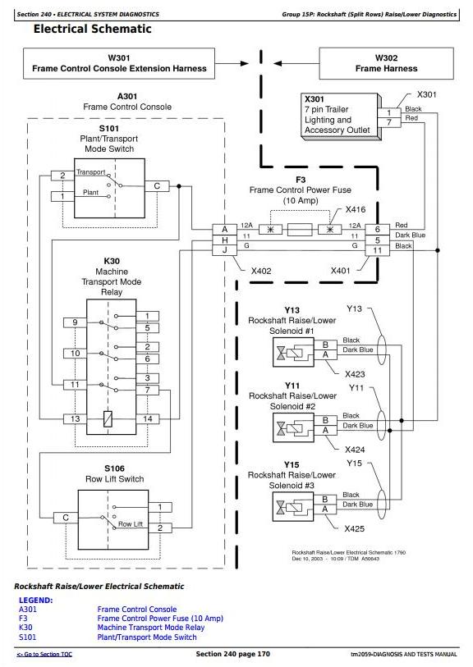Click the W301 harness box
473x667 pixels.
(x=119, y=63)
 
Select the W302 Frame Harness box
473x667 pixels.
(x=386, y=63)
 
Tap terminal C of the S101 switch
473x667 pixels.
(x=157, y=186)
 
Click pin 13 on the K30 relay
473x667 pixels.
(x=75, y=419)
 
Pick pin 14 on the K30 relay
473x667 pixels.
(x=147, y=419)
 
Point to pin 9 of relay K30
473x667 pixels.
(x=75, y=322)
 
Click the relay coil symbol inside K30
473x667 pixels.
(x=108, y=419)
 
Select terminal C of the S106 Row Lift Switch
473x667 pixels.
(x=66, y=518)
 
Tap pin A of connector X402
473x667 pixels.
(x=225, y=229)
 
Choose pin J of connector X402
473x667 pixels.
(x=225, y=250)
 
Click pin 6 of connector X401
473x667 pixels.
(x=377, y=229)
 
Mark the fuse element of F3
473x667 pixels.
(x=300, y=230)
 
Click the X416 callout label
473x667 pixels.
(x=356, y=209)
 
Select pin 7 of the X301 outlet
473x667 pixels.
(x=388, y=122)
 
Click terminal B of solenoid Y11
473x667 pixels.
(x=325, y=420)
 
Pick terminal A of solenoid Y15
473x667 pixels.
(x=325, y=509)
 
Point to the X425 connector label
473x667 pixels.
(x=355, y=528)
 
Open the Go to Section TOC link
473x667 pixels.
(x=44, y=654)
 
